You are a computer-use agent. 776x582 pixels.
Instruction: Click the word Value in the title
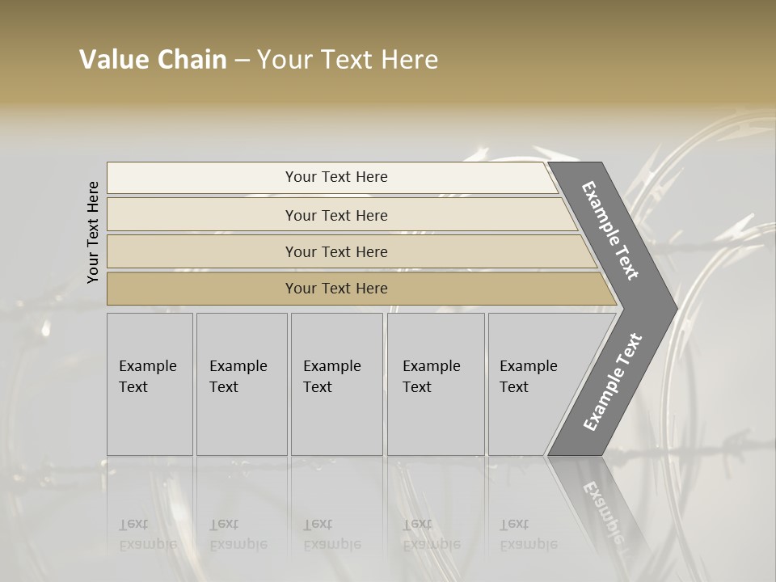(112, 60)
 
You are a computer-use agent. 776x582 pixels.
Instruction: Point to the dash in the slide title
(242, 61)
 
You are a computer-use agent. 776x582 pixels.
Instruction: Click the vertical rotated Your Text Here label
(93, 232)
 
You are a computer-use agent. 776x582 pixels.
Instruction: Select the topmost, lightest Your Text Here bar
(335, 177)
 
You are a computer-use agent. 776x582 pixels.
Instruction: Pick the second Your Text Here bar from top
(335, 215)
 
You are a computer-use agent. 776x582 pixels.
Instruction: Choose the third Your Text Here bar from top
(335, 251)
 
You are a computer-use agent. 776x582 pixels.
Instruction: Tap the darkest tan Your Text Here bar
(335, 289)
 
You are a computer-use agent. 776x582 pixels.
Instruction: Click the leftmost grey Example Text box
(150, 383)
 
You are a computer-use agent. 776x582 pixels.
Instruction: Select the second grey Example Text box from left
(241, 383)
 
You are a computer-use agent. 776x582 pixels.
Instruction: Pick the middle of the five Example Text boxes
(336, 383)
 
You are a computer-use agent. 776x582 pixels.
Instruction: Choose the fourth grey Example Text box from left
(435, 383)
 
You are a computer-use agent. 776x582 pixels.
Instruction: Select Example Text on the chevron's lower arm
(613, 382)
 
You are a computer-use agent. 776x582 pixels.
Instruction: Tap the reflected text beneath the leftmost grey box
(147, 534)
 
